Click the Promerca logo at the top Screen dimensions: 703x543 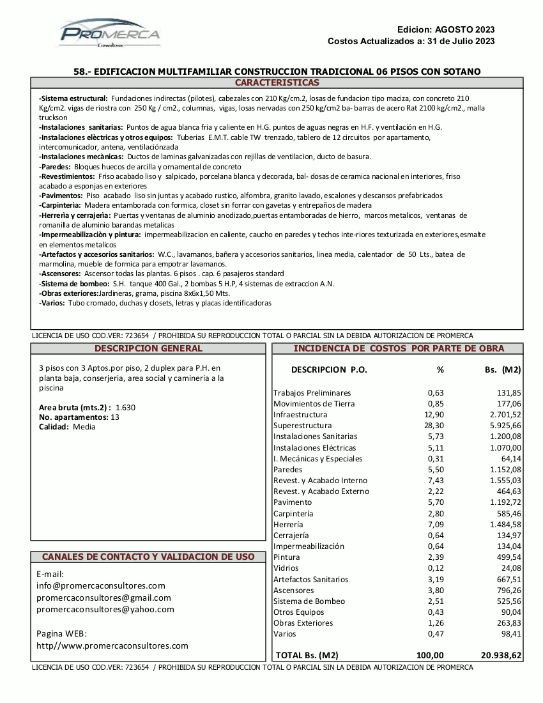pos(110,33)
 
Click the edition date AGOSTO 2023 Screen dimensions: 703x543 pos(464,29)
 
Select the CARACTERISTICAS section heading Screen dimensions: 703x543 pos(277,83)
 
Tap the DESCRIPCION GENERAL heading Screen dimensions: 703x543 pos(148,349)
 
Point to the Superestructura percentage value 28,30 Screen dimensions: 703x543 pos(435,426)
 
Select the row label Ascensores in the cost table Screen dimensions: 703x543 pos(294,591)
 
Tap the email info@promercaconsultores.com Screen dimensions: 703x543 pos(101,585)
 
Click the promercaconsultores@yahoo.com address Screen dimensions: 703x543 pos(105,610)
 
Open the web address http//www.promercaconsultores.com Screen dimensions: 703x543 pos(112,646)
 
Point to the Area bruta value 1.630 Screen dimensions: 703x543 pos(125,408)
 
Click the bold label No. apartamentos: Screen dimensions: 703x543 pos(73,417)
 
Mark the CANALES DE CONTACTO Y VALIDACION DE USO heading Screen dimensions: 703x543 pos(148,557)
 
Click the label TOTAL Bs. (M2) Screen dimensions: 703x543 pos(307,655)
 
